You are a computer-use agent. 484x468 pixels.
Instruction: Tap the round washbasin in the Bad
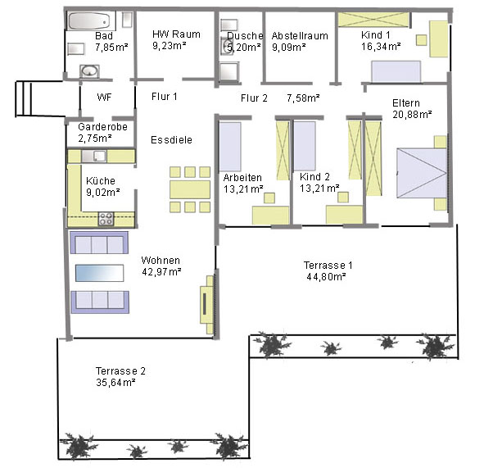point(89,71)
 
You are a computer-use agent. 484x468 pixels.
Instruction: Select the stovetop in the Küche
point(106,219)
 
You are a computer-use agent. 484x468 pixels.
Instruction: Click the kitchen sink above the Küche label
point(94,156)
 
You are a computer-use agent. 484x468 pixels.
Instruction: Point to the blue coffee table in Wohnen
point(99,273)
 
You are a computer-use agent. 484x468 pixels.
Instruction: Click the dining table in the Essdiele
point(190,189)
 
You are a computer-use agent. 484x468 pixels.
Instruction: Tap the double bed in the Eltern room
point(422,173)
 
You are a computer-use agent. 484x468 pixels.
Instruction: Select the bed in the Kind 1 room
point(396,71)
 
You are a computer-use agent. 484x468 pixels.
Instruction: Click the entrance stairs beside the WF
point(24,98)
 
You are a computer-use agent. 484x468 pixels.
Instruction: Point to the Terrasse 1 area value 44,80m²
point(326,276)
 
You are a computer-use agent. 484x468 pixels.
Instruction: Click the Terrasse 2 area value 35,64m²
point(115,383)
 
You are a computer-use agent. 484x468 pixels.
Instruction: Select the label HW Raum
point(176,34)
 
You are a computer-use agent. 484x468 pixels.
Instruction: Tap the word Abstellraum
point(300,36)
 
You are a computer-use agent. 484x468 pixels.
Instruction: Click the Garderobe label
point(103,127)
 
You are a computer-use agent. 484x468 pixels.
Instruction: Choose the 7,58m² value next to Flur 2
point(303,98)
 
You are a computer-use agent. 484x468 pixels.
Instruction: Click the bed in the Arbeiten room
point(230,147)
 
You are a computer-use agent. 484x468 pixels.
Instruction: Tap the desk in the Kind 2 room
point(345,215)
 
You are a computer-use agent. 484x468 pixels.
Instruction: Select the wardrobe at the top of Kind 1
point(373,20)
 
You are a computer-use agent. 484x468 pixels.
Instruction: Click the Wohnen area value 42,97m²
point(161,272)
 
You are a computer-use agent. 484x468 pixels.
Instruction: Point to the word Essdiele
point(171,140)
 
